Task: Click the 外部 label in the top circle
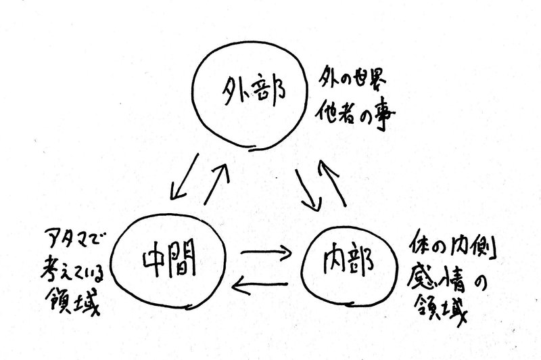[254, 91]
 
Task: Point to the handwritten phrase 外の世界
[352, 78]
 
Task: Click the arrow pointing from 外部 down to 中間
[185, 177]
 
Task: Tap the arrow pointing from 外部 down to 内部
[308, 190]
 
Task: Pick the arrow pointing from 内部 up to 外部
[333, 183]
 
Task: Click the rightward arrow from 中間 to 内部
[266, 252]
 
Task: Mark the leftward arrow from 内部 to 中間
[260, 285]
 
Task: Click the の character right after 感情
[479, 283]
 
